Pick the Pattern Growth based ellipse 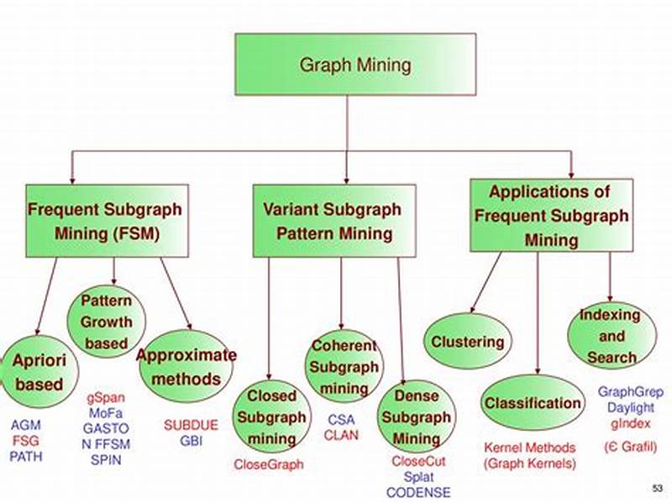click(106, 322)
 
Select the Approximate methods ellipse click(186, 367)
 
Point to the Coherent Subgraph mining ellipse click(344, 367)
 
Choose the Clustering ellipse click(468, 341)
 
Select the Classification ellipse click(533, 403)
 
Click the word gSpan click(106, 395)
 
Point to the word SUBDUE click(191, 425)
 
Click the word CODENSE click(417, 492)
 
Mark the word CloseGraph click(268, 464)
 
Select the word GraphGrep click(625, 391)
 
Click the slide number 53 click(656, 488)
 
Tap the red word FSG click(25, 441)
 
